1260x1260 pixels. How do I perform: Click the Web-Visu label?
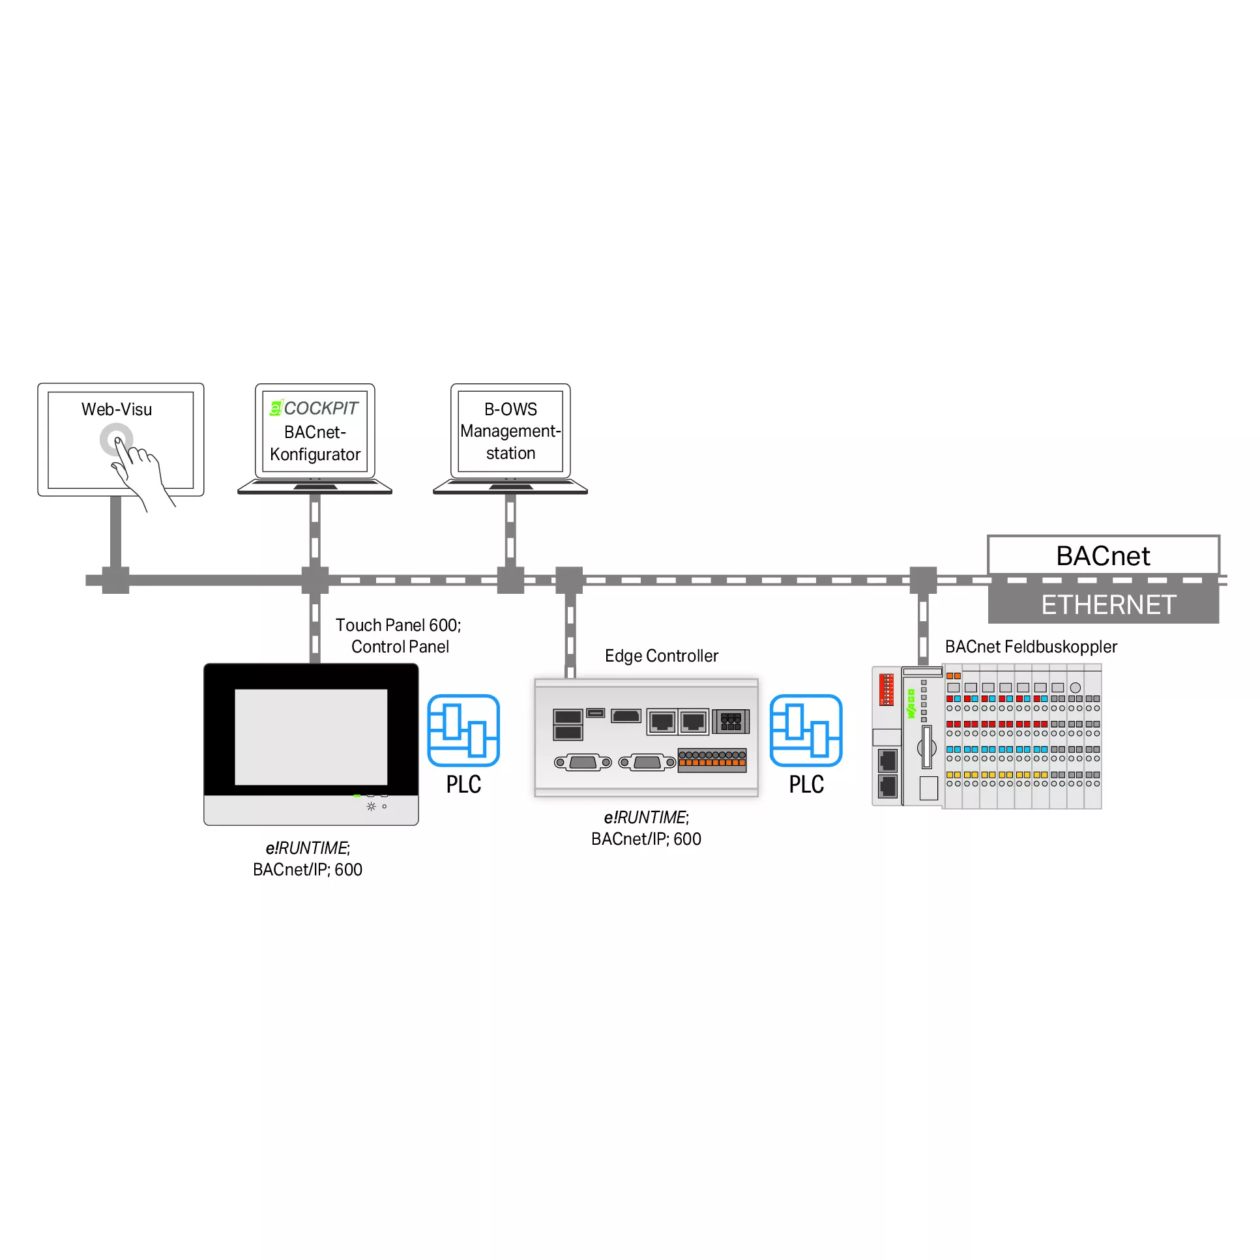click(x=117, y=409)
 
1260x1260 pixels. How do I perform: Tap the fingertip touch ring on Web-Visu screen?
click(x=116, y=440)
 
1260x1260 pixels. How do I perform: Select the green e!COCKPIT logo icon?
click(x=276, y=408)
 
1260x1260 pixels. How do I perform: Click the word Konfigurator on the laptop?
click(x=315, y=454)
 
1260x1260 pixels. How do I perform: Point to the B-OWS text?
click(x=510, y=409)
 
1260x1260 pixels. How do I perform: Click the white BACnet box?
click(x=1104, y=555)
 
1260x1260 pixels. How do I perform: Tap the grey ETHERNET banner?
click(x=1104, y=604)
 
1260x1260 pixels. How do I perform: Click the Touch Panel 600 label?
click(x=398, y=625)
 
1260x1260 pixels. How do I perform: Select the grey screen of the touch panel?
click(x=311, y=737)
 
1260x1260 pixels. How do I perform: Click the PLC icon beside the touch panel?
click(x=463, y=731)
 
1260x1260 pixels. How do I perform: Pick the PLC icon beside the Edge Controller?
click(x=806, y=731)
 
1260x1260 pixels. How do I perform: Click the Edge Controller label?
click(x=662, y=656)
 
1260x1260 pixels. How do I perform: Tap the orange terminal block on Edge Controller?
click(x=712, y=761)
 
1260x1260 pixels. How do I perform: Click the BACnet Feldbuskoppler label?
click(x=1031, y=647)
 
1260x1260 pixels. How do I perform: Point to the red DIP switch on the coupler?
click(x=886, y=690)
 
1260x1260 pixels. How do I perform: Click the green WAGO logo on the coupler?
click(x=911, y=704)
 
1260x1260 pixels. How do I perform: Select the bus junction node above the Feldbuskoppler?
click(x=923, y=580)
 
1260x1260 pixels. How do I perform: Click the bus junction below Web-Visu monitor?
click(x=116, y=580)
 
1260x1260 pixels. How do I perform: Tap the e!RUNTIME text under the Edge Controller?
click(x=647, y=817)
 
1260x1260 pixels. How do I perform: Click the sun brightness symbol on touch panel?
click(x=371, y=807)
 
